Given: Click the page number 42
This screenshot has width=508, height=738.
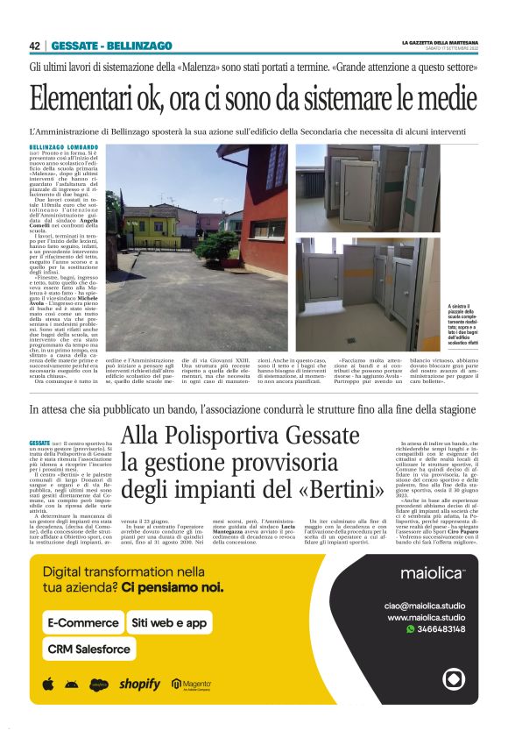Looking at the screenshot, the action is pyautogui.click(x=34, y=46).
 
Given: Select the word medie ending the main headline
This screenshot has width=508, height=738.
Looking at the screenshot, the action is pyautogui.click(x=445, y=99).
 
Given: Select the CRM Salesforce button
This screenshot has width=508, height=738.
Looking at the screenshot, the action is pyautogui.click(x=90, y=649).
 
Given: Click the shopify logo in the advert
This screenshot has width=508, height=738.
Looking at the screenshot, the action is pyautogui.click(x=140, y=684).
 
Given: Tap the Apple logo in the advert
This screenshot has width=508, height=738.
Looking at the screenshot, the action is pyautogui.click(x=48, y=684).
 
